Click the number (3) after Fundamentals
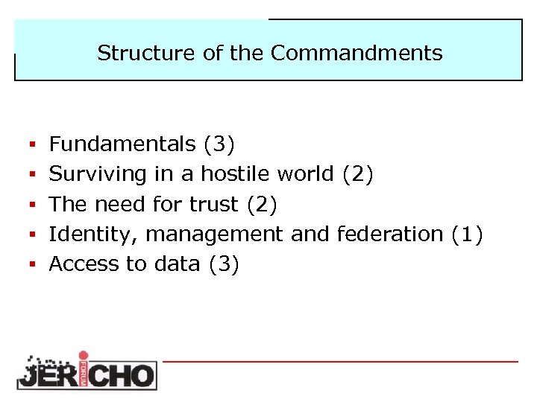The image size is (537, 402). [219, 144]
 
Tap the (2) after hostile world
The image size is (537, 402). [358, 174]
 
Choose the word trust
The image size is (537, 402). [216, 204]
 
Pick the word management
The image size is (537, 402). [214, 234]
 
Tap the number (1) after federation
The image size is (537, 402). [468, 234]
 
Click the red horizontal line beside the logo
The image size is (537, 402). [339, 361]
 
